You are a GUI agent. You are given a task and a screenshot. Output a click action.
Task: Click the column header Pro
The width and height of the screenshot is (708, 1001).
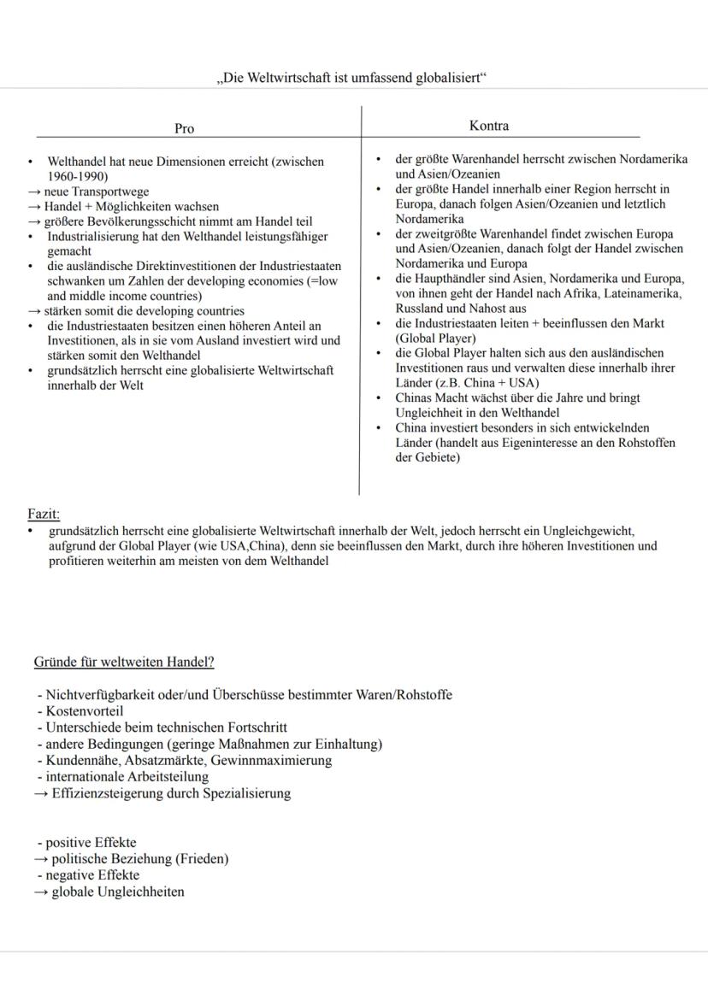click(x=184, y=128)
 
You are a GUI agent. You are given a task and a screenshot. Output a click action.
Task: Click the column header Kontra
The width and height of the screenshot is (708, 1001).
click(x=489, y=126)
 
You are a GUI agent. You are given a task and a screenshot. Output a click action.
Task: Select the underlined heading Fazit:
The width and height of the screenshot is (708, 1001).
click(x=44, y=515)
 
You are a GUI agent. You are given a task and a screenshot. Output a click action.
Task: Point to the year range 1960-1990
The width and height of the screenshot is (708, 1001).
click(x=77, y=176)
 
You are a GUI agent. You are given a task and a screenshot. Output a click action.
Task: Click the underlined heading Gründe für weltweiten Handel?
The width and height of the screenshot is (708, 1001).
click(x=124, y=662)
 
